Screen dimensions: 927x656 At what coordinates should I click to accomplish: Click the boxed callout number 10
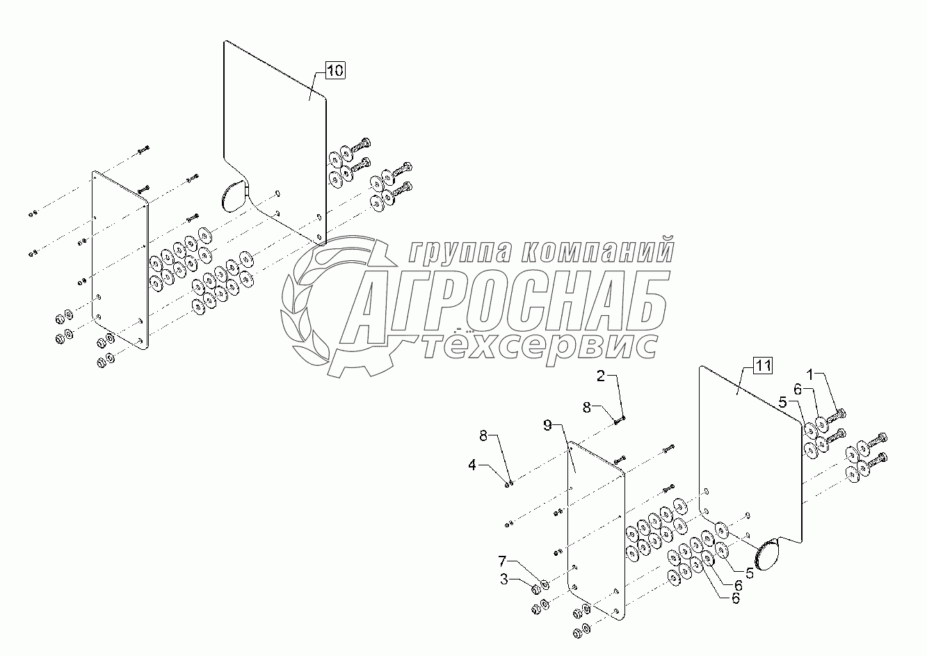click(335, 70)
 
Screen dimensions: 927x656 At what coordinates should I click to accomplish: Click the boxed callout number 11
click(763, 366)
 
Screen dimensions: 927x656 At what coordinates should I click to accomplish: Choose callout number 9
click(548, 424)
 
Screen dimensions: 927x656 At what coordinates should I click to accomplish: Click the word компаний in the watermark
click(598, 250)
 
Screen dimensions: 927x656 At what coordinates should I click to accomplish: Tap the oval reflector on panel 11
click(768, 556)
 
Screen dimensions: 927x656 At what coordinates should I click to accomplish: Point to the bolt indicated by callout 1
click(837, 416)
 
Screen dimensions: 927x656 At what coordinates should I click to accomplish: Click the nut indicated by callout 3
click(536, 590)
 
